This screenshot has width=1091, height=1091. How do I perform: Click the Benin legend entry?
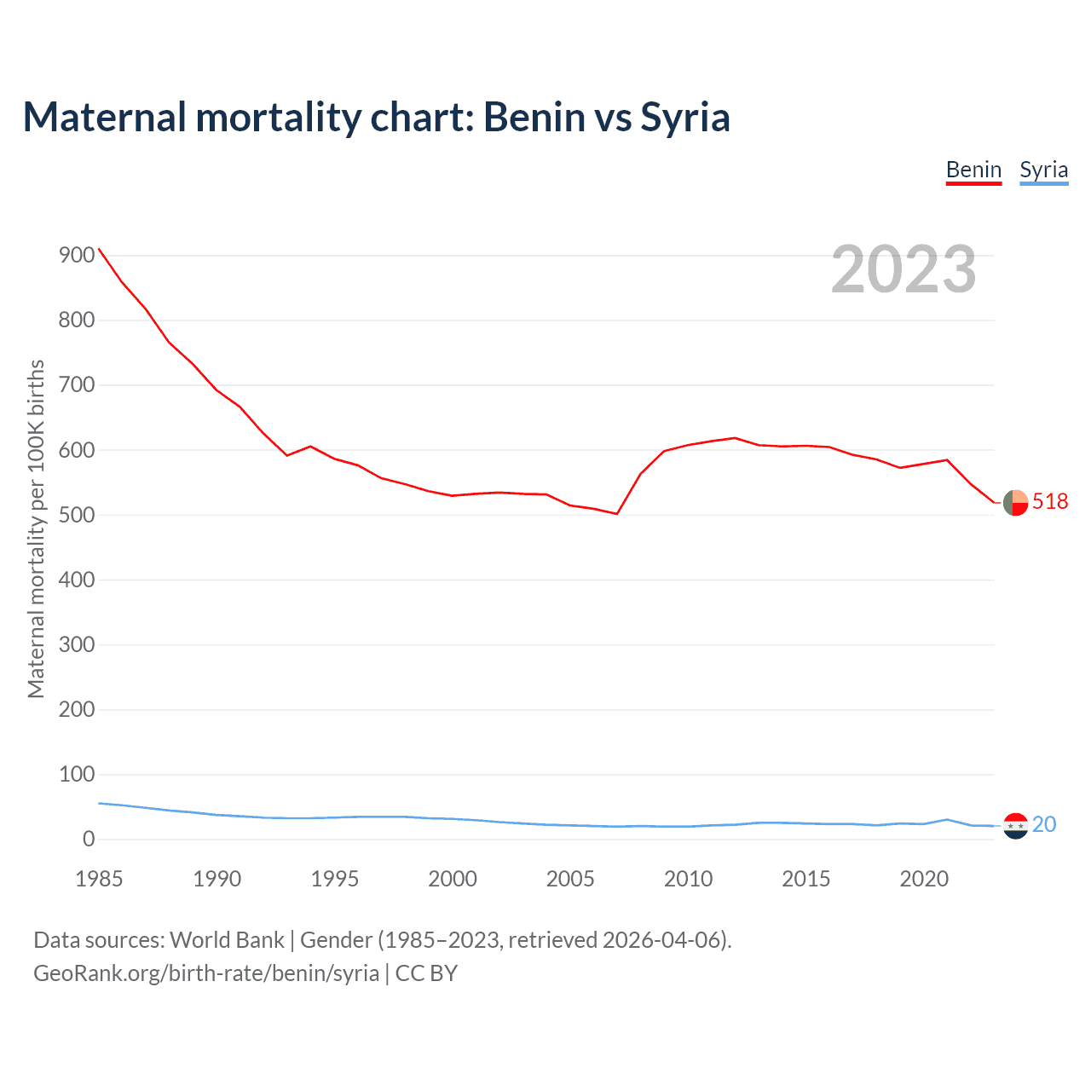pos(973,170)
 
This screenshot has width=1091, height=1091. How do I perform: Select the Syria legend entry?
pos(1043,170)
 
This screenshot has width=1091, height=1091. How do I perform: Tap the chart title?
pos(376,117)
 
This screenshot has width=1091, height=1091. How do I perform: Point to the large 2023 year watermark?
pos(903,269)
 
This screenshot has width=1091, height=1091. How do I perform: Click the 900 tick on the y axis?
pos(77,256)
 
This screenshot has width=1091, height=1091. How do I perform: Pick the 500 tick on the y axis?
pos(77,515)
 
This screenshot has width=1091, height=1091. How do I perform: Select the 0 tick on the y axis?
pos(89,839)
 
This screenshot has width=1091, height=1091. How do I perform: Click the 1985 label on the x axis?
pos(99,879)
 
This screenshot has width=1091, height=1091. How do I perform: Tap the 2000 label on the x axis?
pos(453,879)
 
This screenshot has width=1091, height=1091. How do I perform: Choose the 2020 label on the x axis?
pos(924,879)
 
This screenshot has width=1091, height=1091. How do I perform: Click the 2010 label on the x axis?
pos(688,879)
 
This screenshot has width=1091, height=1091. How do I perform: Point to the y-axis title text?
pos(36,528)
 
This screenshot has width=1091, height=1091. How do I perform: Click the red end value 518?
pos(1050,501)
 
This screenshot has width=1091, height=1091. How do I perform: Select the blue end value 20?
pos(1044,824)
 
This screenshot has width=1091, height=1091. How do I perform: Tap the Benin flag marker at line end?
pos(1015,503)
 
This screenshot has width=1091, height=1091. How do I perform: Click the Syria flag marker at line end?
pos(1015,826)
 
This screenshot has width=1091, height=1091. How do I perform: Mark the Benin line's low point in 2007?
pos(616,513)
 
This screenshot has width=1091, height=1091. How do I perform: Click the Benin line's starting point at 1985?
pos(99,249)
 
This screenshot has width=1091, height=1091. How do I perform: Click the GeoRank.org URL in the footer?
pos(206,973)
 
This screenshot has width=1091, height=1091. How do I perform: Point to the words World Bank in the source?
pos(227,940)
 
